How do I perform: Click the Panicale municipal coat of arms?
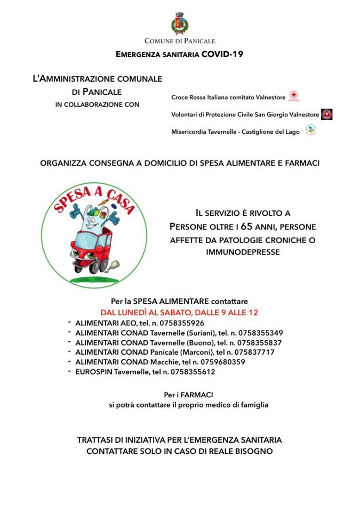tap(180, 25)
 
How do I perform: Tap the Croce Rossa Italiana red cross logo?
tap(293, 97)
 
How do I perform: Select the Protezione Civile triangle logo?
tap(326, 114)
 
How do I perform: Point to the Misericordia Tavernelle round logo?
tap(310, 130)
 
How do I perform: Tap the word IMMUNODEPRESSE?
tap(243, 252)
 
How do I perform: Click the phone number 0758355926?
tap(180, 323)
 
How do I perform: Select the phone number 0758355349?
tap(258, 333)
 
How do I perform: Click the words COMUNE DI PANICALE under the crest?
tap(180, 41)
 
